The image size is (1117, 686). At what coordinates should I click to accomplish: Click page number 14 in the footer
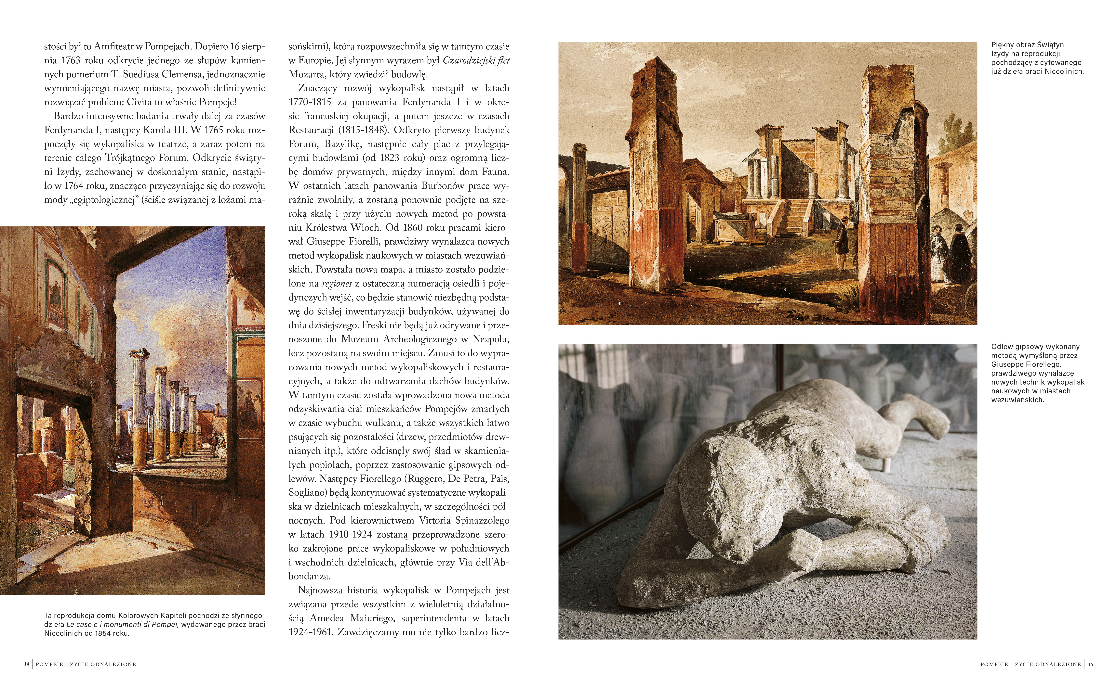[x=26, y=664]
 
